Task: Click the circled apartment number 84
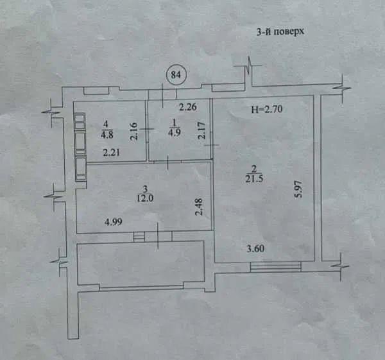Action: click(x=176, y=74)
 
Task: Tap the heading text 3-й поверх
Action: click(x=280, y=31)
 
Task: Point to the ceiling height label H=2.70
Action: click(x=267, y=109)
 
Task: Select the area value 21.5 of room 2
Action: click(x=254, y=178)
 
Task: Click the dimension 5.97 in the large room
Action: click(x=299, y=189)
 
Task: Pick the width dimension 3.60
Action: click(x=255, y=249)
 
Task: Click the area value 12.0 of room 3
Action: click(x=145, y=198)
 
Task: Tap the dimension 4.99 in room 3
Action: click(x=114, y=222)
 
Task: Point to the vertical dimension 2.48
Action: click(x=199, y=207)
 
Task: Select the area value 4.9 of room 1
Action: click(x=175, y=132)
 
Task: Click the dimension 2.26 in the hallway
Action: click(x=188, y=107)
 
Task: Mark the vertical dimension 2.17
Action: click(x=202, y=131)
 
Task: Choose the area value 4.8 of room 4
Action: click(x=107, y=135)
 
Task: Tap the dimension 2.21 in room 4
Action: click(x=112, y=153)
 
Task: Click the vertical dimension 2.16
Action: click(x=134, y=131)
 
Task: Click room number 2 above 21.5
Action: click(x=254, y=169)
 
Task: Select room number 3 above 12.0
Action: click(x=145, y=189)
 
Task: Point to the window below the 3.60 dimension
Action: click(x=275, y=267)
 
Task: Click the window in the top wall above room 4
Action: click(x=96, y=90)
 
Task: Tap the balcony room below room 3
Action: click(x=141, y=263)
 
